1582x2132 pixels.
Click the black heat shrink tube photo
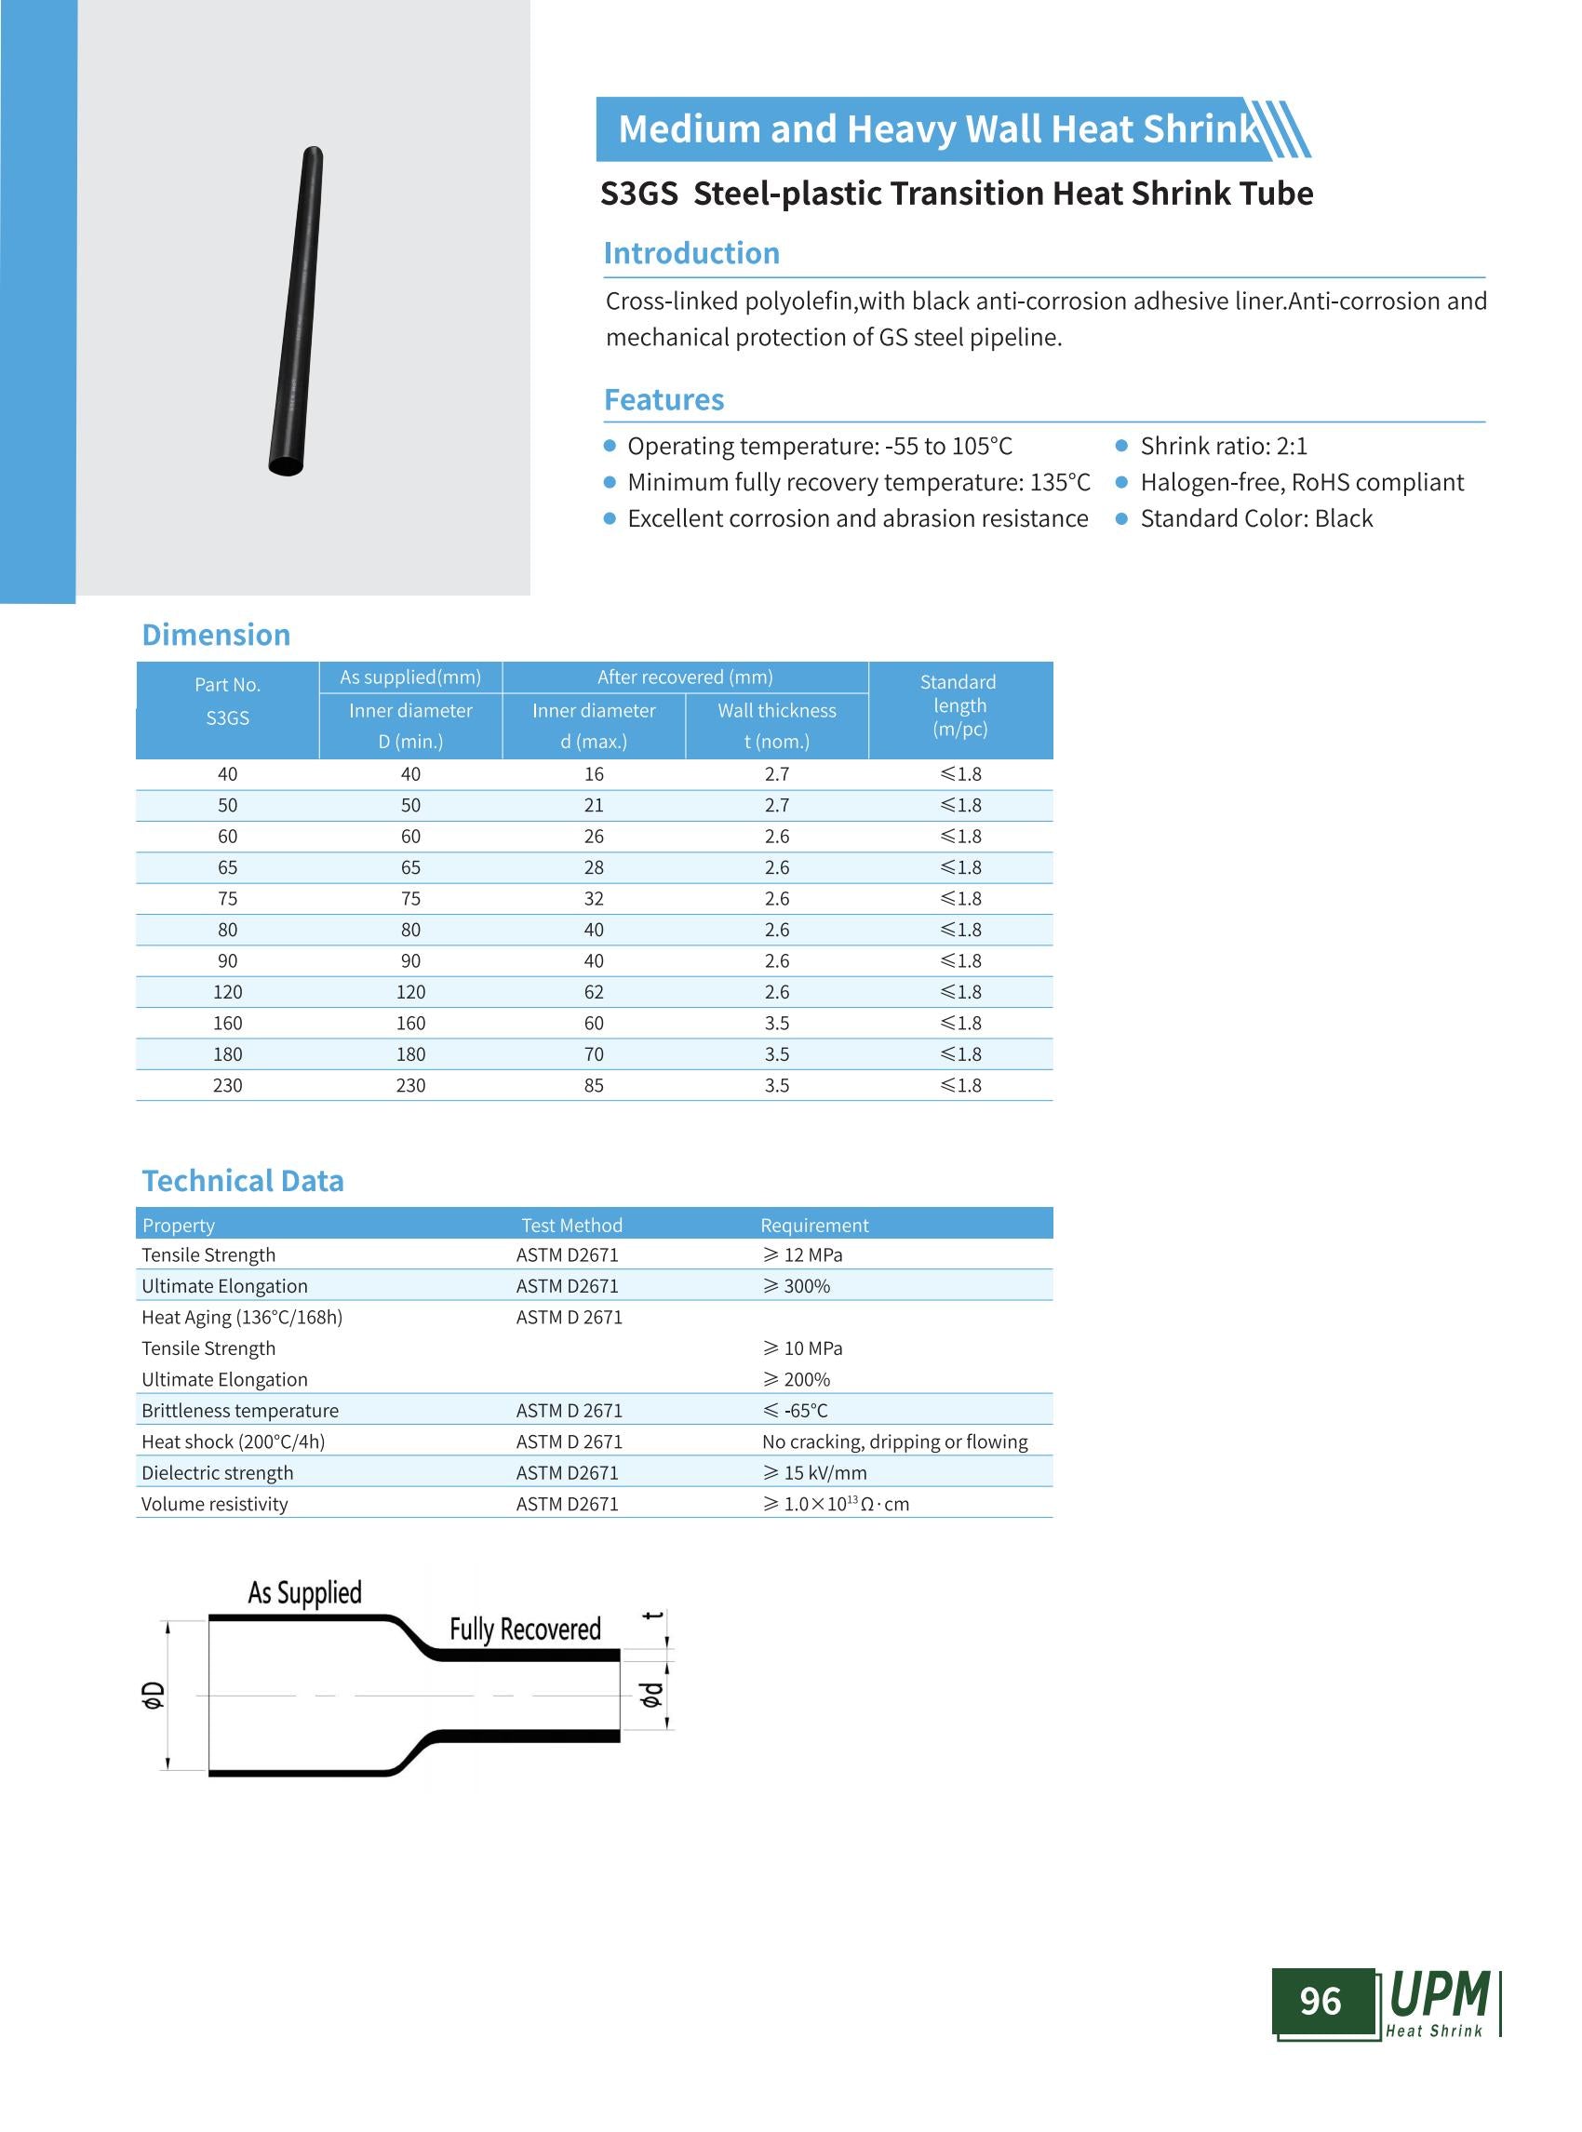click(296, 310)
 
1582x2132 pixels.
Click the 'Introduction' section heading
click(690, 254)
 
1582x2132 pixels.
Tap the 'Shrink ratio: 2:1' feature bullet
click(1223, 447)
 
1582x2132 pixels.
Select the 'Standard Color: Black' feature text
click(1255, 519)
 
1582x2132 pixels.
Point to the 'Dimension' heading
click(216, 635)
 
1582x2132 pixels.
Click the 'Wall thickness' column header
click(777, 711)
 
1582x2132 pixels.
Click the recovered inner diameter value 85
click(594, 1085)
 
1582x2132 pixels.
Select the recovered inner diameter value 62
click(594, 992)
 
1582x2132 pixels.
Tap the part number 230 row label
click(227, 1085)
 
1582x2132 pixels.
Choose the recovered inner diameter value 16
click(594, 774)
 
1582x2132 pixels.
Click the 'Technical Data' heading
click(242, 1181)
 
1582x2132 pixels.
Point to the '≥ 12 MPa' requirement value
click(802, 1254)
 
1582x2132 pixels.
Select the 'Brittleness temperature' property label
click(239, 1411)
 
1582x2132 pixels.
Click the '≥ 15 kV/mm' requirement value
click(814, 1473)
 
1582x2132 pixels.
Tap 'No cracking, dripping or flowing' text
click(894, 1441)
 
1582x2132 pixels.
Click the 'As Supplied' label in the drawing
click(304, 1593)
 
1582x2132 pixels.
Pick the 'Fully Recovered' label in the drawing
click(525, 1629)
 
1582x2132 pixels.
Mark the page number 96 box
click(1321, 2001)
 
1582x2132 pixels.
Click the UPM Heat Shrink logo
click(1441, 2002)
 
